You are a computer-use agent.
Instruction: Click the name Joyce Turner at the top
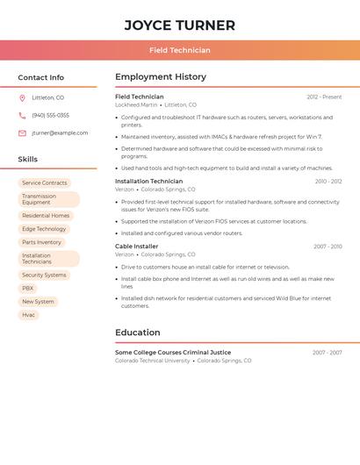tap(179, 25)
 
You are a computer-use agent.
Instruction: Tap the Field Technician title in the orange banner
tap(179, 50)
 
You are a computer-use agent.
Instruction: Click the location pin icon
tap(22, 98)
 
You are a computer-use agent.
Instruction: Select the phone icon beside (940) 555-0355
tap(22, 116)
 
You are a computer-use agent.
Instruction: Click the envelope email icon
tap(22, 133)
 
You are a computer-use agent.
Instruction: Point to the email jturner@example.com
tap(60, 133)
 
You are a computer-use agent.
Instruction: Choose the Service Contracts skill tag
tap(44, 183)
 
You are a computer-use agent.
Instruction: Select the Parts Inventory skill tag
tap(41, 242)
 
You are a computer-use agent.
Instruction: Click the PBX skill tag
tap(28, 288)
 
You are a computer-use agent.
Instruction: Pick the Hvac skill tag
tap(28, 315)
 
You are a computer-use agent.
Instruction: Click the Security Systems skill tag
tap(44, 275)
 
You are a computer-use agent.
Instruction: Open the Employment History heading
tap(161, 77)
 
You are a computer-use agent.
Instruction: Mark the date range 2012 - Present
tap(324, 97)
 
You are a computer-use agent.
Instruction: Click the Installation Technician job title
tap(148, 182)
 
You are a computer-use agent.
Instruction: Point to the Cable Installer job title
tap(136, 247)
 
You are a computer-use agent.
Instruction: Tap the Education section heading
tap(138, 333)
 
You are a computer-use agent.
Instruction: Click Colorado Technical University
tap(152, 361)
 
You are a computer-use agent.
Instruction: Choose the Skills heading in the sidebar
tap(28, 160)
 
